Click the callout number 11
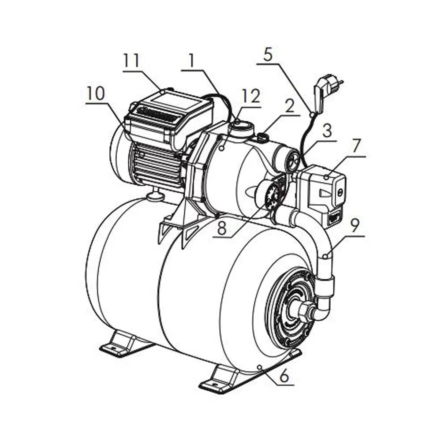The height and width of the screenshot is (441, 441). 132,61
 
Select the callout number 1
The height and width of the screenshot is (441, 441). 192,60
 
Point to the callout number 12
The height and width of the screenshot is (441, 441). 251,96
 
